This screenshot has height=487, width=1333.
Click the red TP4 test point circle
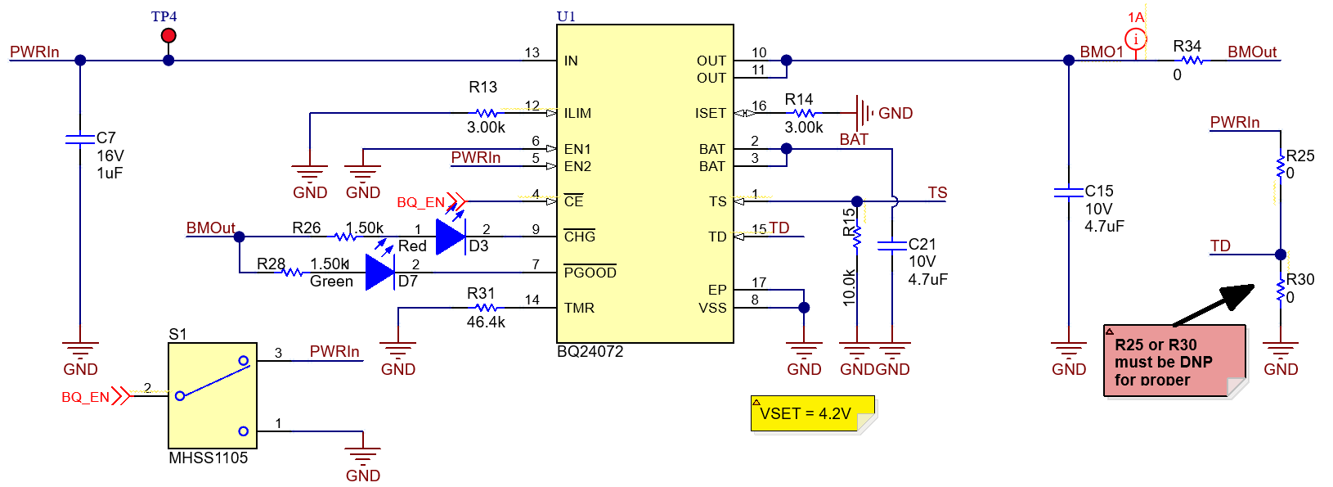pyautogui.click(x=168, y=35)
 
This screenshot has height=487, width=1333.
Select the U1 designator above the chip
pyautogui.click(x=566, y=16)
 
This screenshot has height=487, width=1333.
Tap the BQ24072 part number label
pyautogui.click(x=590, y=351)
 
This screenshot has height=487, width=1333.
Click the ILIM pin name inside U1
pyautogui.click(x=577, y=114)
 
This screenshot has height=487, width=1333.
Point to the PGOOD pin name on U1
pyautogui.click(x=590, y=273)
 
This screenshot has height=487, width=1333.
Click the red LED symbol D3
pyautogui.click(x=451, y=237)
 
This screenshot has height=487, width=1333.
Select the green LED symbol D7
pyautogui.click(x=379, y=272)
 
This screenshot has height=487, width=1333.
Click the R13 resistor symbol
pyautogui.click(x=486, y=113)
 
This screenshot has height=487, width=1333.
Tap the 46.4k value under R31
pyautogui.click(x=486, y=322)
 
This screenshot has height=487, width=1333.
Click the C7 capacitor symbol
pyautogui.click(x=80, y=140)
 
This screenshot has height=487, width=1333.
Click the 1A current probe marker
pyautogui.click(x=1136, y=38)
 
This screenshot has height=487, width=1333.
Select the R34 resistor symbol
pyautogui.click(x=1192, y=61)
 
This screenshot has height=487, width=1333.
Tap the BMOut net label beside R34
pyautogui.click(x=1251, y=52)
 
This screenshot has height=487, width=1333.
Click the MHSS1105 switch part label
pyautogui.click(x=208, y=458)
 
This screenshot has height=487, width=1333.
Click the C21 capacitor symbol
pyautogui.click(x=892, y=245)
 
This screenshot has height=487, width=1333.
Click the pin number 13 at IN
pyautogui.click(x=532, y=53)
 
